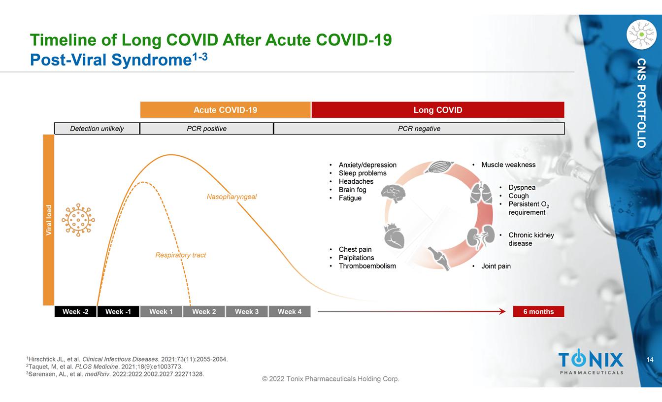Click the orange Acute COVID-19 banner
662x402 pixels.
click(x=226, y=110)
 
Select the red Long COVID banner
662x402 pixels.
click(x=438, y=110)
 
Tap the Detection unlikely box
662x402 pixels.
click(x=97, y=129)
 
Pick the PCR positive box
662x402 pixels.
click(x=206, y=129)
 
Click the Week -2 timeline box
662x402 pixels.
click(x=75, y=311)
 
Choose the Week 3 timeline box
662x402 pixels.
click(x=247, y=311)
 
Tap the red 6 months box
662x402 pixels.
click(x=538, y=311)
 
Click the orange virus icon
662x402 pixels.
click(x=78, y=220)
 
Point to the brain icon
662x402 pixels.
click(x=394, y=194)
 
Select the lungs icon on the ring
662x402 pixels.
click(x=481, y=193)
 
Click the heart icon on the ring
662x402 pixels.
click(x=394, y=235)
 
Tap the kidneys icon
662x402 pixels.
click(x=481, y=235)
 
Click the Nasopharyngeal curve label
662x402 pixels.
click(x=232, y=197)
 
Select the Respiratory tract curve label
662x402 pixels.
click(x=181, y=255)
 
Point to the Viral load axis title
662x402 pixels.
click(x=49, y=220)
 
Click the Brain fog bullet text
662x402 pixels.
click(x=352, y=190)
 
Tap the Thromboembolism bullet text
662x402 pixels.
click(x=367, y=266)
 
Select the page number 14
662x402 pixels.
click(x=650, y=360)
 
